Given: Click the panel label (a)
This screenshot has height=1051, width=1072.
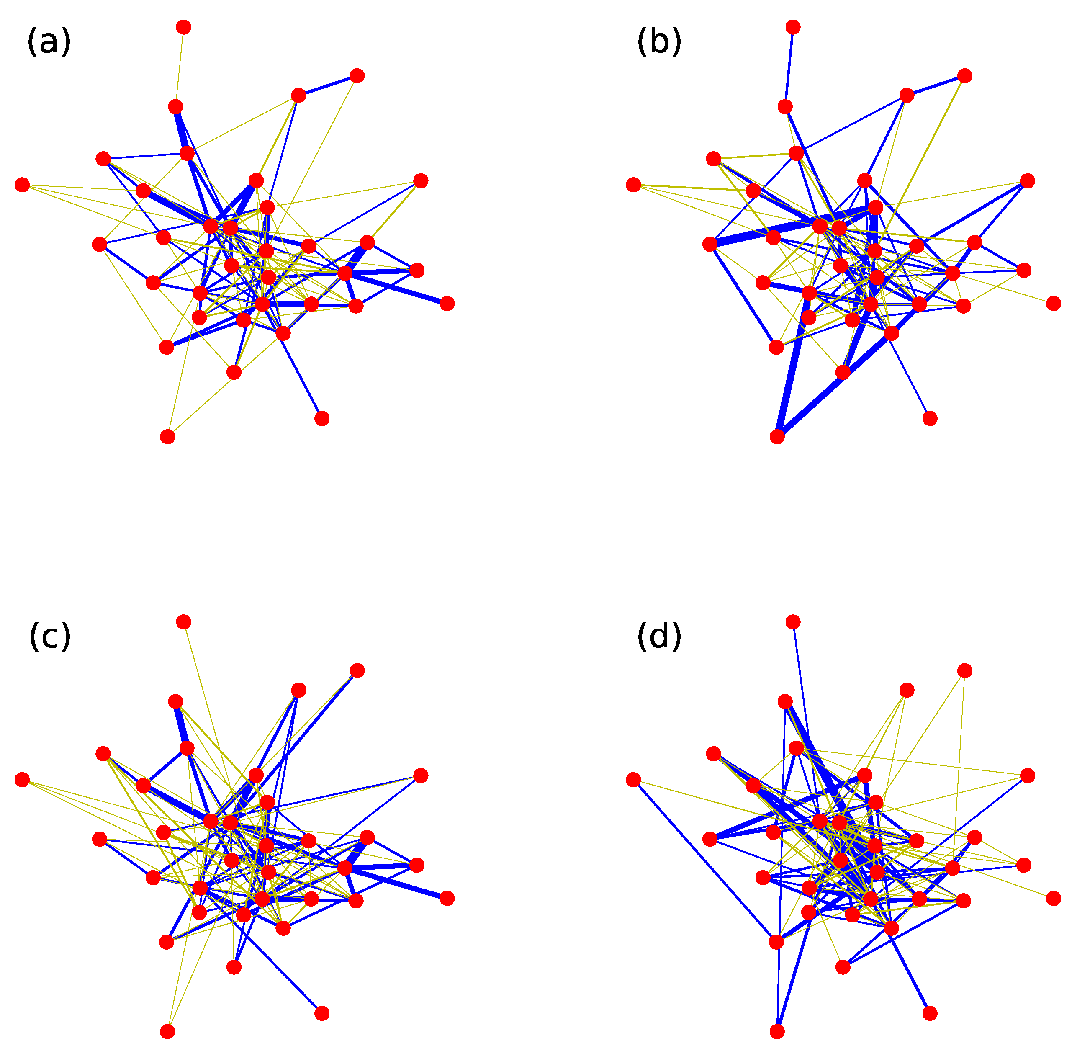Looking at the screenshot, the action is click(x=49, y=43).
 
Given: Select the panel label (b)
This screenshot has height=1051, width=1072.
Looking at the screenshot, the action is click(x=659, y=43).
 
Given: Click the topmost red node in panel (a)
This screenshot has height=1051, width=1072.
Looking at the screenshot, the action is click(x=184, y=27).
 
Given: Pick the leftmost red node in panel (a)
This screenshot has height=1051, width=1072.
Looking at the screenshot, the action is click(x=22, y=184).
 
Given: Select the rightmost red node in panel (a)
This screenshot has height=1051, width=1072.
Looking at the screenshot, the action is click(x=447, y=303).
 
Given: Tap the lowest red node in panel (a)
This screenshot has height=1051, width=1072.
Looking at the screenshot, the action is click(x=167, y=437).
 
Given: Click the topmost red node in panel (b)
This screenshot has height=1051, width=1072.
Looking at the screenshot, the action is click(x=793, y=27).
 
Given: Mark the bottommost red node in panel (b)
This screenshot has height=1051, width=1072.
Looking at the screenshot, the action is click(x=777, y=437).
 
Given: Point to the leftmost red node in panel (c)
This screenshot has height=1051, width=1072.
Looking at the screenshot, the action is click(x=22, y=779).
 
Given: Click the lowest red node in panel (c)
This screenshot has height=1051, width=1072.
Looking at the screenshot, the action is click(x=167, y=1032).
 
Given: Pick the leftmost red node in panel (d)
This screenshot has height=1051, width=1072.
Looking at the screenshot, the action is click(x=633, y=779).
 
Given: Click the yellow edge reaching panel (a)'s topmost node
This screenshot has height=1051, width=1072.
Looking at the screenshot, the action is click(x=179, y=67).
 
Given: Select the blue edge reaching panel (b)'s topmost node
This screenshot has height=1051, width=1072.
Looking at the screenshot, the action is click(x=789, y=67).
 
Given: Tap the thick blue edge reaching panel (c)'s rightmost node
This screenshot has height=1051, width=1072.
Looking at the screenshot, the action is click(x=396, y=883).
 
